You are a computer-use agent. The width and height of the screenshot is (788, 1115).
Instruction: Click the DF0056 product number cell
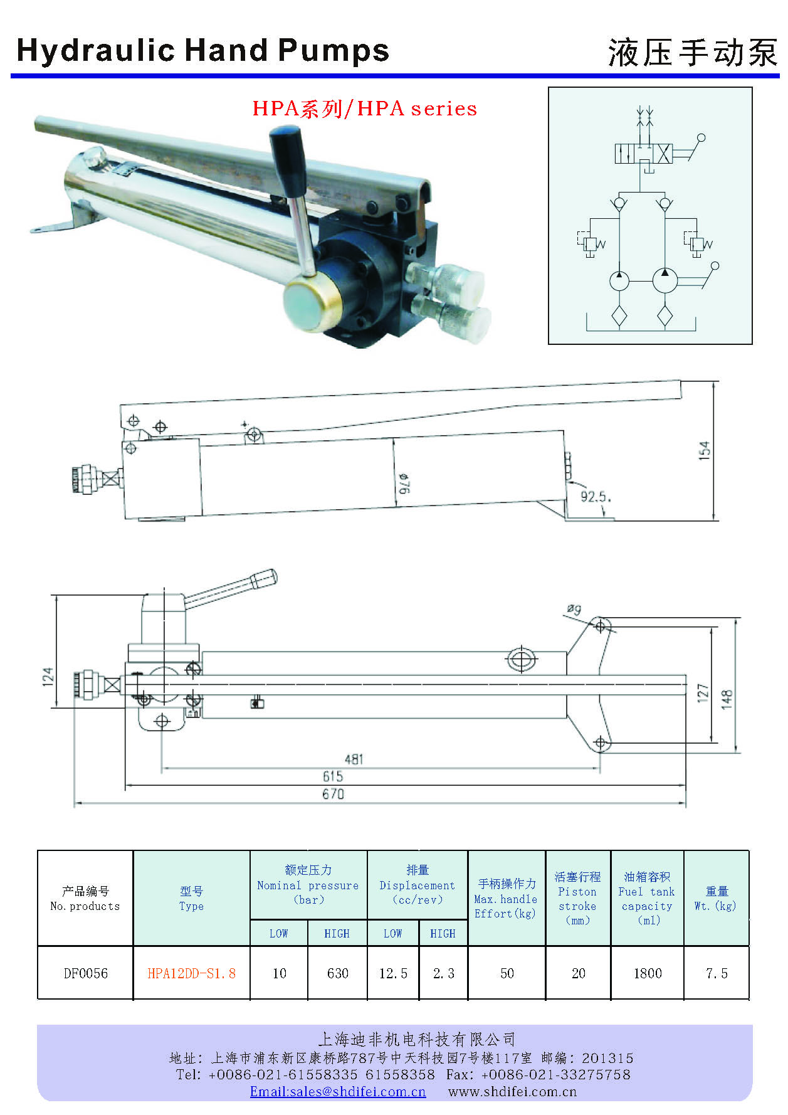tap(85, 973)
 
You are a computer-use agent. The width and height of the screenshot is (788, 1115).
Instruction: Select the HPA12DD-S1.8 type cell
tap(191, 973)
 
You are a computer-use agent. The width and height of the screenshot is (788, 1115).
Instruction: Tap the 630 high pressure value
tap(337, 973)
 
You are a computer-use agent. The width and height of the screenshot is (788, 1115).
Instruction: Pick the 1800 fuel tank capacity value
tap(647, 973)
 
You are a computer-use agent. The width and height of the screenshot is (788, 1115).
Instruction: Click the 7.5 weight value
tap(717, 973)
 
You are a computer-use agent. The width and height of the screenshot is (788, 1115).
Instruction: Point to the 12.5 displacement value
tap(393, 973)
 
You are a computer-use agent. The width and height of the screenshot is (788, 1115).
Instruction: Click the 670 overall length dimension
tap(333, 794)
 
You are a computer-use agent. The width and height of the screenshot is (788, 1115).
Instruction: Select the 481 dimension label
tap(354, 759)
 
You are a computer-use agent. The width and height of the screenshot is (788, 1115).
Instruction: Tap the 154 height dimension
tap(705, 450)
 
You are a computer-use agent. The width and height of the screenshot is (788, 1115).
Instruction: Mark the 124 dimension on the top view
tap(48, 676)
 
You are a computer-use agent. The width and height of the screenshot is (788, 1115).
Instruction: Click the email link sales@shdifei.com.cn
tap(338, 1092)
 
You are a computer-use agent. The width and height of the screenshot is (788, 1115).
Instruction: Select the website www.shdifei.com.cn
tap(512, 1092)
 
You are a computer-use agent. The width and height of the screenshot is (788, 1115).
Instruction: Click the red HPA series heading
tap(364, 108)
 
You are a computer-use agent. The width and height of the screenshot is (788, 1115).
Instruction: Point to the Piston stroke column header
tap(577, 899)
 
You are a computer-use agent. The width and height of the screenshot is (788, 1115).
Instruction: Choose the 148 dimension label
tap(727, 699)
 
